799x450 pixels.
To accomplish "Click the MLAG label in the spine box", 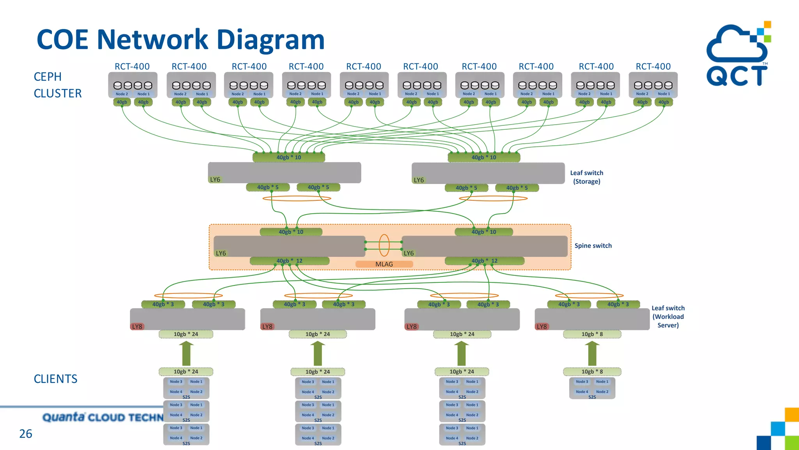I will (384, 264).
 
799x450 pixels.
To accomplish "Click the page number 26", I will (26, 434).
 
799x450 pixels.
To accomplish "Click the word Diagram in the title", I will (270, 39).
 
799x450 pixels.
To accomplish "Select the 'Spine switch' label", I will (593, 246).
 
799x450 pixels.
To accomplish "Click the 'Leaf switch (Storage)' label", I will (586, 177).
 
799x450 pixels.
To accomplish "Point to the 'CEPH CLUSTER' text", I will (57, 85).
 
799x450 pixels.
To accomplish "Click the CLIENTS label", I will (55, 379).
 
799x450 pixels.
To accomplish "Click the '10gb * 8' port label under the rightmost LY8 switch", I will (592, 334).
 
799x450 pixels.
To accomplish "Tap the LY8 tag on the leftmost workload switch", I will (137, 327).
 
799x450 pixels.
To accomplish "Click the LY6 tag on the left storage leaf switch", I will (215, 180).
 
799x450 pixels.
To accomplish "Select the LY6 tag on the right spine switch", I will (408, 253).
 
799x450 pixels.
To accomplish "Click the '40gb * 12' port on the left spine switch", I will (289, 261).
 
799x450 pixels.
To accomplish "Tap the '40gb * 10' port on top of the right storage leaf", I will (483, 157).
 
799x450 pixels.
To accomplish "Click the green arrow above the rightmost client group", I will (592, 353).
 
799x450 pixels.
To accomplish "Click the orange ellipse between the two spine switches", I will (384, 245).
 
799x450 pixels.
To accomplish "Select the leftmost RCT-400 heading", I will (132, 66).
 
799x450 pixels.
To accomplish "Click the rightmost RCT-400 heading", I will (653, 66).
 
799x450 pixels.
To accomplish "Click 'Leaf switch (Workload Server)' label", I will (668, 316).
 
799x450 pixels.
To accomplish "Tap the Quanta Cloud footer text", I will (103, 418).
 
